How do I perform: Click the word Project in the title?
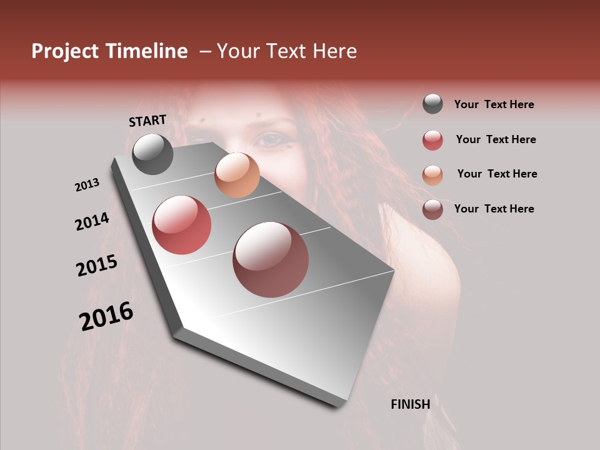[65, 51]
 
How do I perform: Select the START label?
[147, 121]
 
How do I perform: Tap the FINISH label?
[411, 404]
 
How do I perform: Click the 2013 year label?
[87, 185]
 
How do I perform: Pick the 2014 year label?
[92, 221]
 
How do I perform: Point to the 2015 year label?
[97, 266]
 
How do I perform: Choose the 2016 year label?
[106, 316]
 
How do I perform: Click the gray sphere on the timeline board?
[152, 154]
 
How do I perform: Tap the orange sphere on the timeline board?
[237, 175]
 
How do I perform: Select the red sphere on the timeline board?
[181, 225]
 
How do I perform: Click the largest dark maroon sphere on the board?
[271, 260]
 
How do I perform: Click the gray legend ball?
[432, 104]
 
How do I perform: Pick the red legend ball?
[432, 140]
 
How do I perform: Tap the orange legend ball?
[432, 175]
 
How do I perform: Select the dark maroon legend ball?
[432, 209]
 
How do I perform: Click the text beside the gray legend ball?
[494, 105]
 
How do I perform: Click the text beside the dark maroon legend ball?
[494, 209]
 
